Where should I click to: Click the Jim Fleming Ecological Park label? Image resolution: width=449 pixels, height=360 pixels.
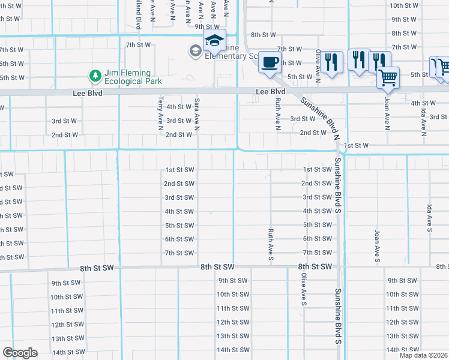[133, 77]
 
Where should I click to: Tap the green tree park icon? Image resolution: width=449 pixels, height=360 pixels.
[94, 75]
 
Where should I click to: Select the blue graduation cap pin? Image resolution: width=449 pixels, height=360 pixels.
[214, 41]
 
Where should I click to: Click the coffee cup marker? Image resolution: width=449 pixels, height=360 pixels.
[270, 62]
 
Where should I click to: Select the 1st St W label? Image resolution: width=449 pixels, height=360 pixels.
[356, 145]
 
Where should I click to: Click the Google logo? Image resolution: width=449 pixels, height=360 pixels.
[20, 353]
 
